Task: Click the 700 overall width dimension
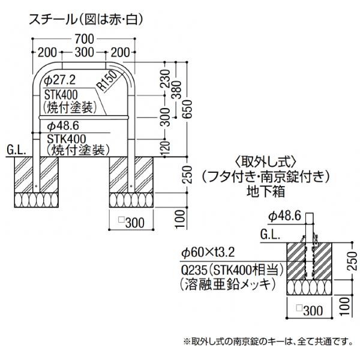[x=84, y=39]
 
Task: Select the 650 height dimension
[x=188, y=109]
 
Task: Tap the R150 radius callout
[x=107, y=81]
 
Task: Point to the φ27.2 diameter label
[x=59, y=80]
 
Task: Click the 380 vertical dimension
[x=177, y=89]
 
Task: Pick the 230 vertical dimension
[x=166, y=79]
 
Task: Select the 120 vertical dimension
[x=166, y=148]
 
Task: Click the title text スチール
[x=52, y=19]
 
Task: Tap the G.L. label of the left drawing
[x=16, y=150]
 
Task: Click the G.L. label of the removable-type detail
[x=270, y=235]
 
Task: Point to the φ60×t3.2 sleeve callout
[x=208, y=253]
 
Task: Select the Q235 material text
[x=191, y=271]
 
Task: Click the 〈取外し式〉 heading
[x=266, y=163]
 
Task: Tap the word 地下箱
[x=266, y=191]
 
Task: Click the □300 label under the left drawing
[x=131, y=223]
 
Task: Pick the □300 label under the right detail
[x=310, y=310]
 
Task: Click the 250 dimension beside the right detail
[x=352, y=261]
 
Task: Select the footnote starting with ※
[x=268, y=341]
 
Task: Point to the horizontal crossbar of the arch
[x=83, y=118]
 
